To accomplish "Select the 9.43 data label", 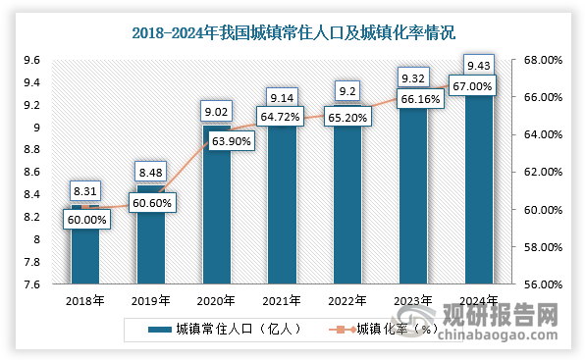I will coord(478,66).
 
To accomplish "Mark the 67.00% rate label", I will coord(478,86).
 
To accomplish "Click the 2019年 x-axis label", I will coord(150,299).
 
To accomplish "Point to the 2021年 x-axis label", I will coord(282,299).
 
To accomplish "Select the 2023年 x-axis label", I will coord(412,299).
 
